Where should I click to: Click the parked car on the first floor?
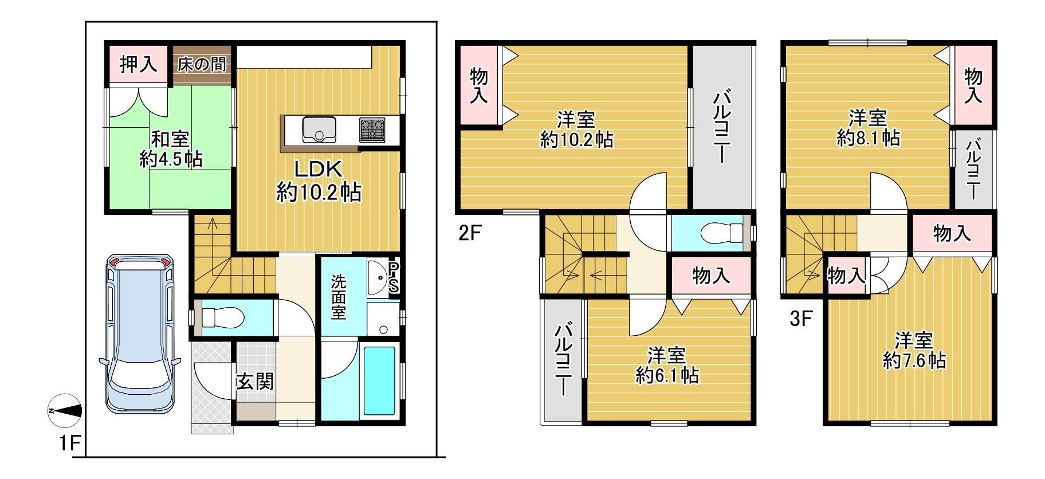(x=140, y=333)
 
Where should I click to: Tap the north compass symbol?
(x=64, y=411)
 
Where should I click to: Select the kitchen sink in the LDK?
(x=319, y=129)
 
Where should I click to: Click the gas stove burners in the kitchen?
(x=372, y=129)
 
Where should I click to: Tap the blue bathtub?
(x=379, y=380)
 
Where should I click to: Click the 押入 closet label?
(x=138, y=64)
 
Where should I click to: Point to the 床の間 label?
(x=202, y=64)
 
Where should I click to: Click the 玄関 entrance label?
(x=256, y=381)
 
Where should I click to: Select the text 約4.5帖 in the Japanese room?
(x=171, y=159)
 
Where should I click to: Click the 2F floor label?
(x=470, y=233)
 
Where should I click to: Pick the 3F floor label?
(x=801, y=318)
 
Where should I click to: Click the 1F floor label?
(x=70, y=443)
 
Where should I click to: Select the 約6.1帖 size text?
(x=667, y=375)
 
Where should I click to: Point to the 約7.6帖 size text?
(x=914, y=360)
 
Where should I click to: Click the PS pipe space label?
(x=394, y=278)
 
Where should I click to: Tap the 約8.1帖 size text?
(x=869, y=138)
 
